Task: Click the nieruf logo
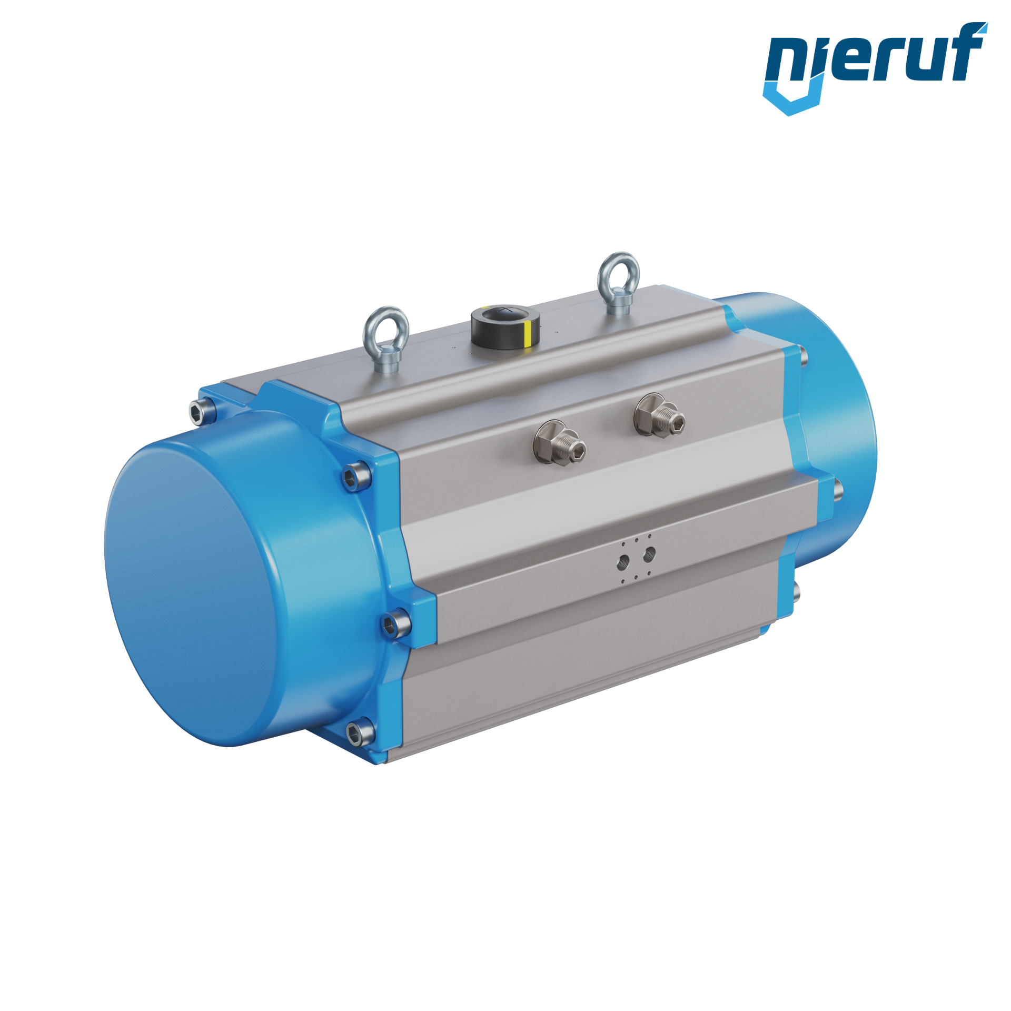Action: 875,68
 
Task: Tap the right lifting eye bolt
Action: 618,283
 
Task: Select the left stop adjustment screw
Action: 560,443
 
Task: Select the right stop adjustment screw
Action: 659,415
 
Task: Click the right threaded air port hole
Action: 649,553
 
